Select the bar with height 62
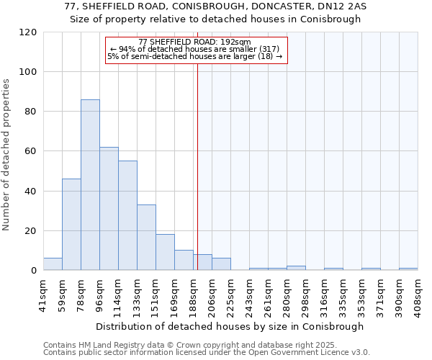pos(109,209)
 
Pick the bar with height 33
pos(146,238)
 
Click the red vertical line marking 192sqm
pos(197,166)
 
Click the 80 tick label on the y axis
pos(31,112)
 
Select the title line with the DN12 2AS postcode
pos(215,6)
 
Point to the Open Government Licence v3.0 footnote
pos(206,353)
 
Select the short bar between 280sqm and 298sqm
pos(296,268)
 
